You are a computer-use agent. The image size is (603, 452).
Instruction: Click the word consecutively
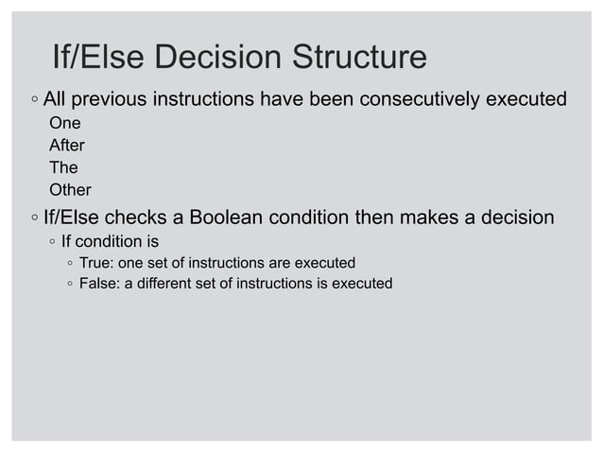[428, 98]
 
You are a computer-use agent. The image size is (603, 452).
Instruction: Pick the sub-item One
[64, 124]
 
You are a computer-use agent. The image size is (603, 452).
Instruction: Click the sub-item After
[66, 147]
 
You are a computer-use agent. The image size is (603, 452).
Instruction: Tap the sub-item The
[63, 168]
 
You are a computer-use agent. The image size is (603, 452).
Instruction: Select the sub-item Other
[70, 190]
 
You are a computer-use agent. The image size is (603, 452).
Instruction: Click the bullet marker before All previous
[33, 99]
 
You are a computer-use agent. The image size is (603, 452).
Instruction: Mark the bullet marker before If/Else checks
[33, 218]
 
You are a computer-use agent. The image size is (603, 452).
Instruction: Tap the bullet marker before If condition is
[53, 242]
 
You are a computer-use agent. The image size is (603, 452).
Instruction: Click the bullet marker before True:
[71, 263]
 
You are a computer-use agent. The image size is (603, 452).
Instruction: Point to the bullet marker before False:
[71, 284]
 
